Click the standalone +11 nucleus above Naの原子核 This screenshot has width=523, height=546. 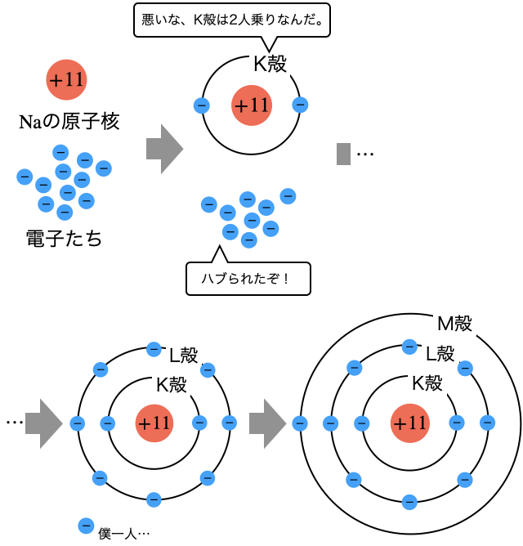pos(66,79)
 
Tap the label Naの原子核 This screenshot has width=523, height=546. pos(69,123)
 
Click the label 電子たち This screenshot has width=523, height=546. pos(64,239)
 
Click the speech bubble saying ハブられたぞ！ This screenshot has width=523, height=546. pos(249,279)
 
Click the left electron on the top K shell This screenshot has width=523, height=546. pos(202,105)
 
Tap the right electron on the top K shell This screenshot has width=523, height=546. pos(300,105)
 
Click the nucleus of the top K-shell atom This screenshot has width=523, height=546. pos(251,105)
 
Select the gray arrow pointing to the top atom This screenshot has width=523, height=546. pos(163,149)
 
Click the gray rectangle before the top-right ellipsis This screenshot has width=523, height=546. pos(343,153)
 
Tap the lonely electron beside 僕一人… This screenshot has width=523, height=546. pos(84,526)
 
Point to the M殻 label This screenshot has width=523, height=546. pos(454,324)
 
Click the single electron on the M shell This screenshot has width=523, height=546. pos(300,423)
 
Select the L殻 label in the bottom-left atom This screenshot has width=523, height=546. pos(183,356)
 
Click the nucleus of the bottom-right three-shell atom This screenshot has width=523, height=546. pos(409,423)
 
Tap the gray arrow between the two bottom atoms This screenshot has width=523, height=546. pos(266,423)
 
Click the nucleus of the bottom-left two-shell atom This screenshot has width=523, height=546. pos(154,423)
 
